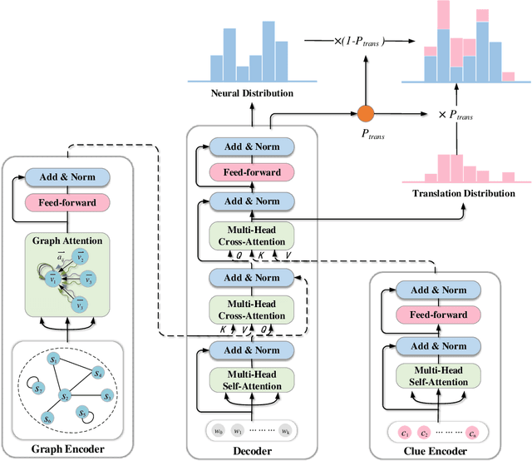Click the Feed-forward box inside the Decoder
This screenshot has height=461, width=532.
[x=250, y=172]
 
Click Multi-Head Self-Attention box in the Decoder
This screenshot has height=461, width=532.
[x=250, y=379]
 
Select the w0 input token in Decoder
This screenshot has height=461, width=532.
[x=219, y=432]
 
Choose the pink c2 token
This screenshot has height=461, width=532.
[x=422, y=432]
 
